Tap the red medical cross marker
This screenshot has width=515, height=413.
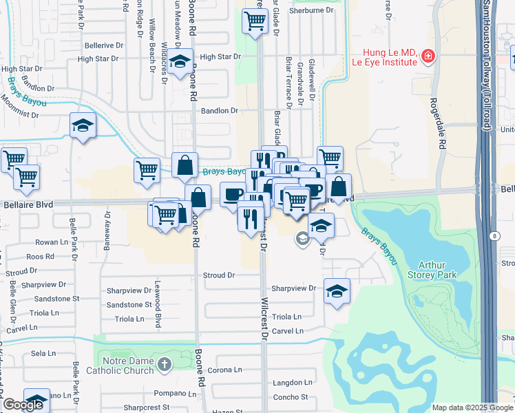[x=428, y=55]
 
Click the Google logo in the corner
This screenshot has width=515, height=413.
[x=23, y=405]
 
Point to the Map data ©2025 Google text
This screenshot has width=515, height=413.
[x=472, y=407]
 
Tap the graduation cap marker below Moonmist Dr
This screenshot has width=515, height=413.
[x=83, y=125]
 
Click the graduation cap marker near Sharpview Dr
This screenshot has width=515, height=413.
[x=337, y=290]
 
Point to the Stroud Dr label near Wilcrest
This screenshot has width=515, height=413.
[x=219, y=275]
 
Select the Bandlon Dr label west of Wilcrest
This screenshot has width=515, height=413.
[x=219, y=110]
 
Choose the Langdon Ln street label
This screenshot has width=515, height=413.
[x=293, y=383]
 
